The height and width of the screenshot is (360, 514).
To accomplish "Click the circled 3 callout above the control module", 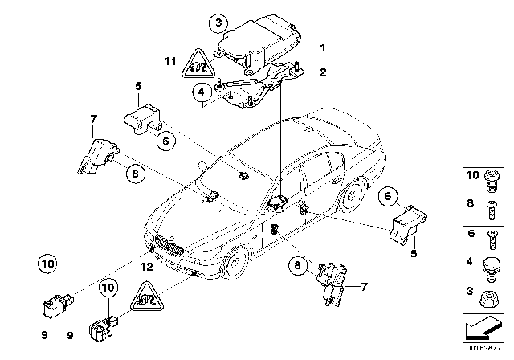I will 216,25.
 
